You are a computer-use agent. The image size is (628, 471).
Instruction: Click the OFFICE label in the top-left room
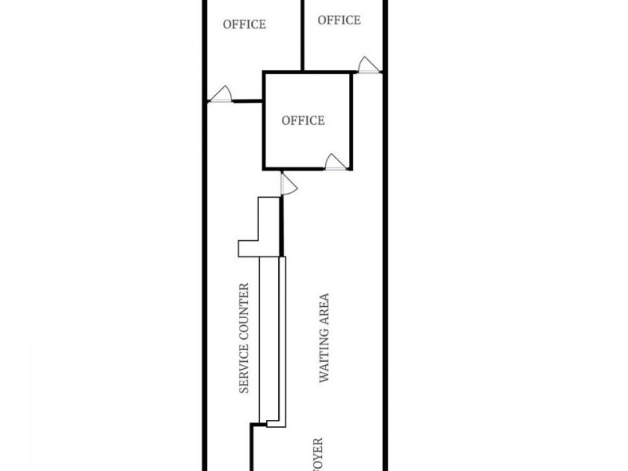pyautogui.click(x=244, y=24)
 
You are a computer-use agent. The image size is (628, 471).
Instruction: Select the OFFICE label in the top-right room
pyautogui.click(x=339, y=20)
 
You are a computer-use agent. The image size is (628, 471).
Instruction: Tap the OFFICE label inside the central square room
pyautogui.click(x=303, y=120)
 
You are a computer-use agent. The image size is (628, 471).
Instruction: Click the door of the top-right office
pyautogui.click(x=367, y=65)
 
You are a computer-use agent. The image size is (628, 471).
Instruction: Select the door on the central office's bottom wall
pyautogui.click(x=335, y=162)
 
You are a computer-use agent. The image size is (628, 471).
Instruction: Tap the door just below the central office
pyautogui.click(x=287, y=184)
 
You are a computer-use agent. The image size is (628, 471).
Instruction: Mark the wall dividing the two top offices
pyautogui.click(x=303, y=35)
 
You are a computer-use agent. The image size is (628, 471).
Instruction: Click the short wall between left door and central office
pyautogui.click(x=247, y=100)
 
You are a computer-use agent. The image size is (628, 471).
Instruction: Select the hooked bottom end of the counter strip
pyautogui.click(x=276, y=423)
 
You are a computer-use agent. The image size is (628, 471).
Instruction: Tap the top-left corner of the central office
pyautogui.click(x=264, y=73)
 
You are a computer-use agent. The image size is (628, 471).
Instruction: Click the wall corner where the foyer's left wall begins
pyautogui.click(x=252, y=426)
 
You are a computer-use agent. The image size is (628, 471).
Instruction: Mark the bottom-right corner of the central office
pyautogui.click(x=350, y=168)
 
